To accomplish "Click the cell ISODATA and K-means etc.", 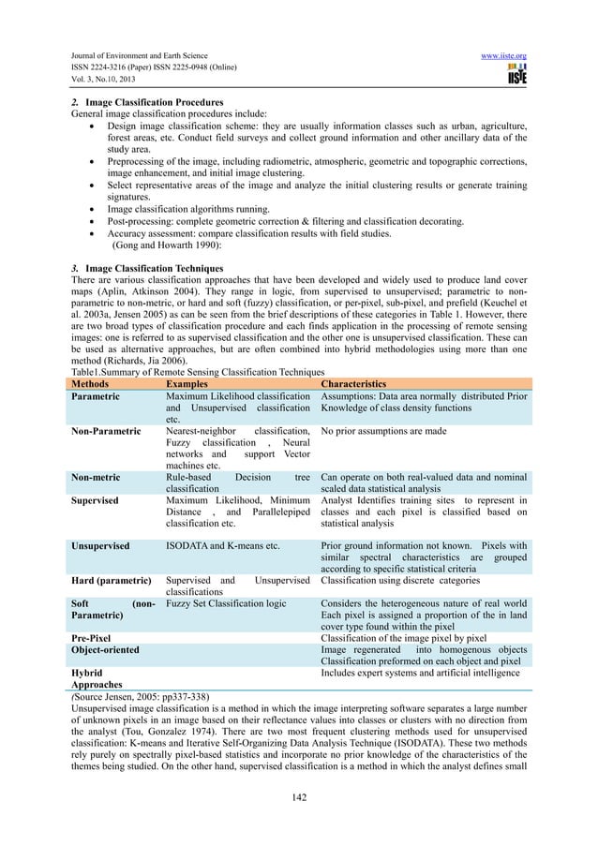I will click(x=223, y=544).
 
